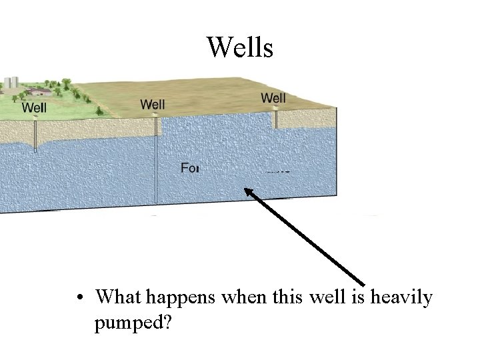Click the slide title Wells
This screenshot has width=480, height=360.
[x=240, y=47]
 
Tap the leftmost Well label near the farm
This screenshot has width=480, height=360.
[x=34, y=107]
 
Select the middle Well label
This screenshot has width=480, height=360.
[x=153, y=104]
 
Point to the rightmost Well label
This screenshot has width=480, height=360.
[x=273, y=98]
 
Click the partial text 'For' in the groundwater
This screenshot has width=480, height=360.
[x=190, y=167]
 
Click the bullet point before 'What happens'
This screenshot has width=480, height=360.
[x=79, y=296]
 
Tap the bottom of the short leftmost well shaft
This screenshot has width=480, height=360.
[x=35, y=149]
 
